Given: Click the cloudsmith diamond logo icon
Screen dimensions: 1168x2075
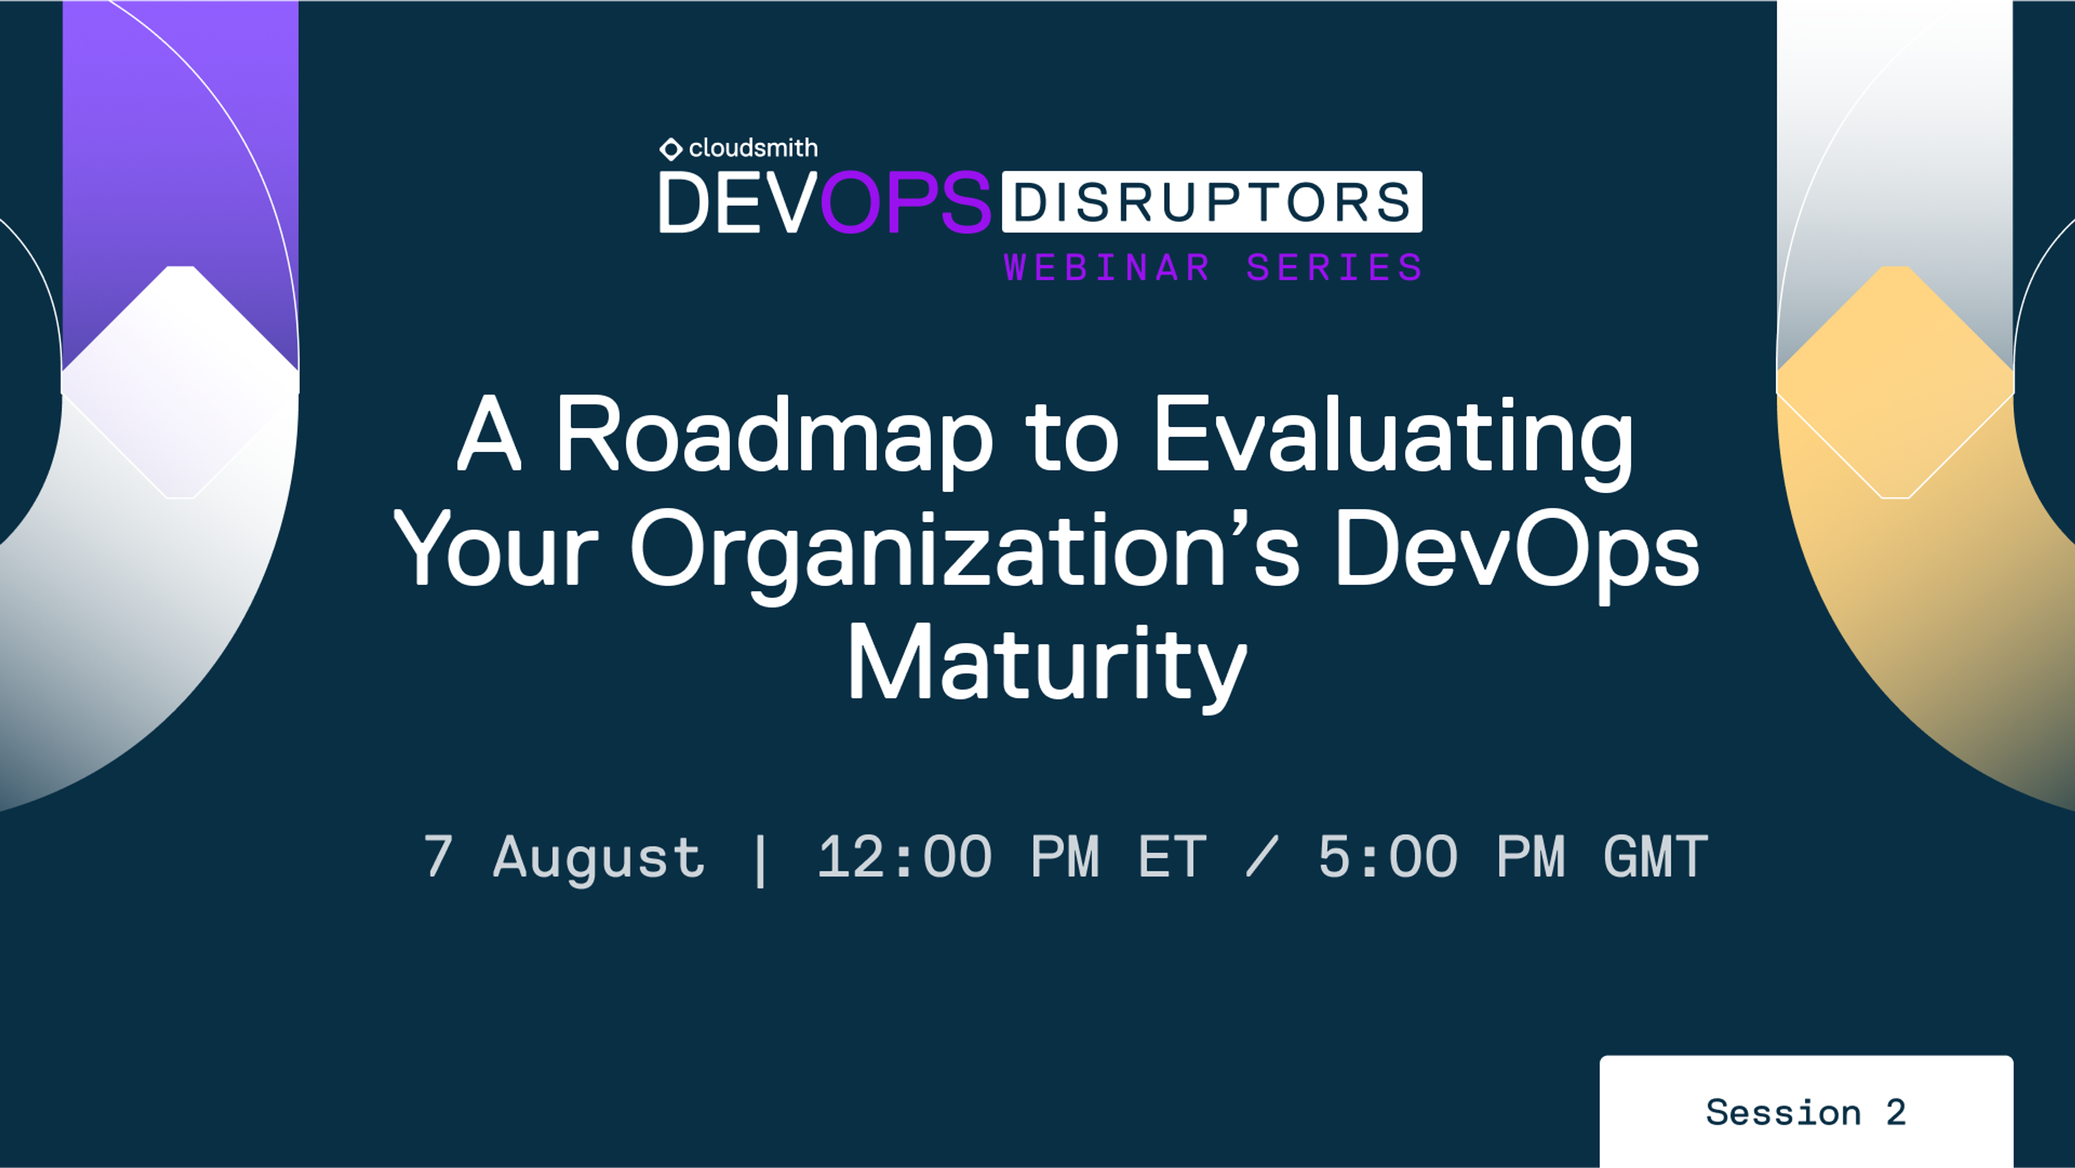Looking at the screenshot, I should (670, 149).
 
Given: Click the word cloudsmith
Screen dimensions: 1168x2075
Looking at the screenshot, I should (753, 148).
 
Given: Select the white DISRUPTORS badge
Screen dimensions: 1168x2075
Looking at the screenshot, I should (1211, 202).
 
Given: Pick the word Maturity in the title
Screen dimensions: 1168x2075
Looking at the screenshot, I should (1046, 664).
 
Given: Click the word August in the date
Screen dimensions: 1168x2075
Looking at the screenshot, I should (599, 857).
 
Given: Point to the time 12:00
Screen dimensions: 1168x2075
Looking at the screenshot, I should (904, 856).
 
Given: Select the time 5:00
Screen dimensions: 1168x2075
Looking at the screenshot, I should (1387, 856).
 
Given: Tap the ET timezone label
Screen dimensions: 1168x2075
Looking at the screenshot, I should (1172, 856).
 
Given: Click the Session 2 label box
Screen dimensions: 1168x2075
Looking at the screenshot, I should (1806, 1112).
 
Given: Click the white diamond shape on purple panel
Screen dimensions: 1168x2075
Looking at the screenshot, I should (180, 382).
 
